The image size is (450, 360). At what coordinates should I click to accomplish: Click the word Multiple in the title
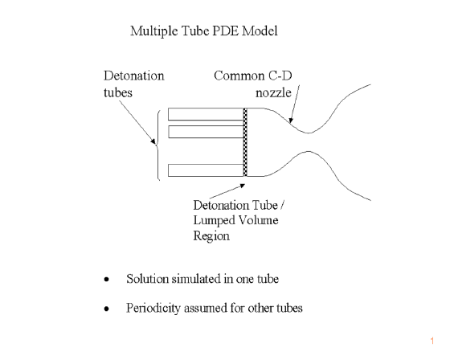click(154, 31)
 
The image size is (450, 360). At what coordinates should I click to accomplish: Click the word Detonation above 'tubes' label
click(134, 76)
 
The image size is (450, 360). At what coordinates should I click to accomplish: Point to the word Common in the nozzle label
click(239, 76)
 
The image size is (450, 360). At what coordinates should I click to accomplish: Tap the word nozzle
click(273, 92)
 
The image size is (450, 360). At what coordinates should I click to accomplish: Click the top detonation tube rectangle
click(206, 114)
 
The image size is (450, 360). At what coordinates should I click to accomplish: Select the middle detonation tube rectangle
click(206, 132)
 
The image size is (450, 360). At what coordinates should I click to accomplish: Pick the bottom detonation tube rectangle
click(206, 170)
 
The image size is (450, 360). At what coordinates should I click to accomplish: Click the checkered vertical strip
click(245, 142)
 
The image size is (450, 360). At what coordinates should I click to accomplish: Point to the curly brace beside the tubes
click(157, 145)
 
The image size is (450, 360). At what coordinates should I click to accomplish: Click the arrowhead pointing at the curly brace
click(153, 141)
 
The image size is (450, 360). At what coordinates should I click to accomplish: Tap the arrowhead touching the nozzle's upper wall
click(291, 120)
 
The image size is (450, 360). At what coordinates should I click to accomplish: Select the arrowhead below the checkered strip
click(242, 186)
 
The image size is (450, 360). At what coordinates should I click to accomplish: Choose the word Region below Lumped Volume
click(211, 236)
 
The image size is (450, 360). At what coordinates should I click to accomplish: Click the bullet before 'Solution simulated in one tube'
click(107, 279)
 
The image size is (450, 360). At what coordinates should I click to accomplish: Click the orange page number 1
click(432, 341)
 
